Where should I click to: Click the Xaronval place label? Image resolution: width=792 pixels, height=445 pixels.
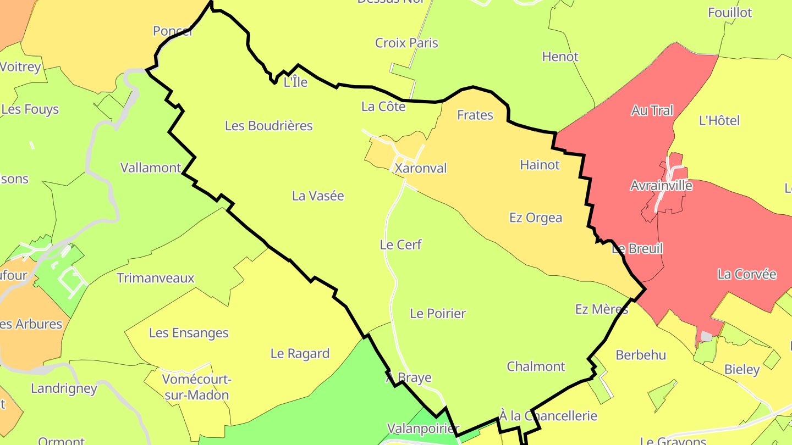coord(421,168)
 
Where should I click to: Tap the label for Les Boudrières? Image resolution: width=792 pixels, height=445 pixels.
coord(269,126)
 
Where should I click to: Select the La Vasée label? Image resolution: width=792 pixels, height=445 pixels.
coord(318,196)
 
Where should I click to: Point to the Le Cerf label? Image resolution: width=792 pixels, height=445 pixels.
coord(401,245)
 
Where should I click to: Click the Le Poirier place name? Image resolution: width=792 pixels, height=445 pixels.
coord(438,314)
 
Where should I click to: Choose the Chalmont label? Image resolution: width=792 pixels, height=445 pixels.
coord(536,366)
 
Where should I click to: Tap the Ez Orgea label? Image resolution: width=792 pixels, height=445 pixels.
coord(536,218)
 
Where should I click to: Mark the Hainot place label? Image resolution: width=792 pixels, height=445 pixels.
coord(540,165)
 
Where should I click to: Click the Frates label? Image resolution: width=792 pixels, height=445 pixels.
coord(475,115)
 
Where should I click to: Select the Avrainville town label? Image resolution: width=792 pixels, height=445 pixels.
coord(661,186)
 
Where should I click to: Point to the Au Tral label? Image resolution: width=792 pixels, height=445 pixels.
coord(652,111)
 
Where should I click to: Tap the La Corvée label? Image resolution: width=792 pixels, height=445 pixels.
coord(746,274)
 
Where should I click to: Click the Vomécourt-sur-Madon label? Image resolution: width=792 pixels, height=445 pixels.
coord(196,387)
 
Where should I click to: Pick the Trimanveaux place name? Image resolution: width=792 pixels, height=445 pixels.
coord(156,278)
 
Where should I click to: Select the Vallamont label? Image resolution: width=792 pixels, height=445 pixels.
coord(151,168)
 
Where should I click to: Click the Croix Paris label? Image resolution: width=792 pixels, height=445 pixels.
coord(406,43)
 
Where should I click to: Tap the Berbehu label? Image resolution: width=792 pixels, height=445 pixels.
coord(641,355)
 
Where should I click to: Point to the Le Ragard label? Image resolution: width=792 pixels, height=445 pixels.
coord(300,354)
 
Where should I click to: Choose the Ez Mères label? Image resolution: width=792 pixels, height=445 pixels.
coord(602,309)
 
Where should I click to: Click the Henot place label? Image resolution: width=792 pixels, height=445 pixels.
coord(560,57)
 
